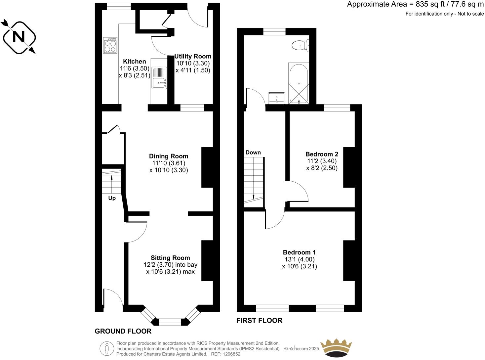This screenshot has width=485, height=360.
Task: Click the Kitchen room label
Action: tap(134, 62)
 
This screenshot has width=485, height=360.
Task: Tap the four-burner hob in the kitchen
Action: tap(110, 45)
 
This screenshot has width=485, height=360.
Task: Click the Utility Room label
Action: tap(193, 56)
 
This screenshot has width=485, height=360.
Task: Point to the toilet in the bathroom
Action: tap(301, 45)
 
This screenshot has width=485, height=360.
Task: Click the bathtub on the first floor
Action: tap(299, 84)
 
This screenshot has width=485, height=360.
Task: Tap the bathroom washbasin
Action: tap(276, 98)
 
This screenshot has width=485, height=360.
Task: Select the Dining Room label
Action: tap(168, 156)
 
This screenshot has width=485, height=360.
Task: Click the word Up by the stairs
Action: tap(112, 198)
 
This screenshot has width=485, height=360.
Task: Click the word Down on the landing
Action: tap(253, 153)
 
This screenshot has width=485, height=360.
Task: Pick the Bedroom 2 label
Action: tap(322, 154)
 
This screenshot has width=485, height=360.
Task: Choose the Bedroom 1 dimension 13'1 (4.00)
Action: tap(299, 259)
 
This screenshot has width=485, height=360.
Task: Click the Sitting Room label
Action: tap(170, 258)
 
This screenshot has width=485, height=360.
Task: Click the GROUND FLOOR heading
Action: tap(123, 331)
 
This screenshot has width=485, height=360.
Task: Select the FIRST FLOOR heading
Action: tap(259, 320)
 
